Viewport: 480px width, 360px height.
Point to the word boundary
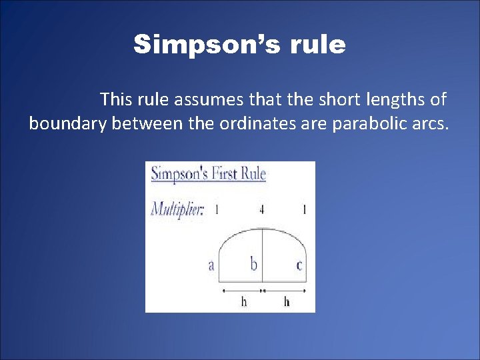(x=67, y=123)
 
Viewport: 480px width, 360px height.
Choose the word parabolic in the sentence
(x=369, y=123)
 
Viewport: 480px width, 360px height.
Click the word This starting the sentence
(x=115, y=100)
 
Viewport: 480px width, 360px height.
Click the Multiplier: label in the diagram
(x=177, y=209)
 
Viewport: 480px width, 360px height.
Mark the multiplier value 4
(x=262, y=209)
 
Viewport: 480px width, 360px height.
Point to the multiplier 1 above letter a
(x=217, y=209)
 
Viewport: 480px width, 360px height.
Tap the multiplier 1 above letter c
(x=304, y=209)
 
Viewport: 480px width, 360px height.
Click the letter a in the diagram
(x=211, y=265)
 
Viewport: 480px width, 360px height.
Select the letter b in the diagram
(x=254, y=265)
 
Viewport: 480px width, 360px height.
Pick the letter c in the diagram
(x=299, y=266)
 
